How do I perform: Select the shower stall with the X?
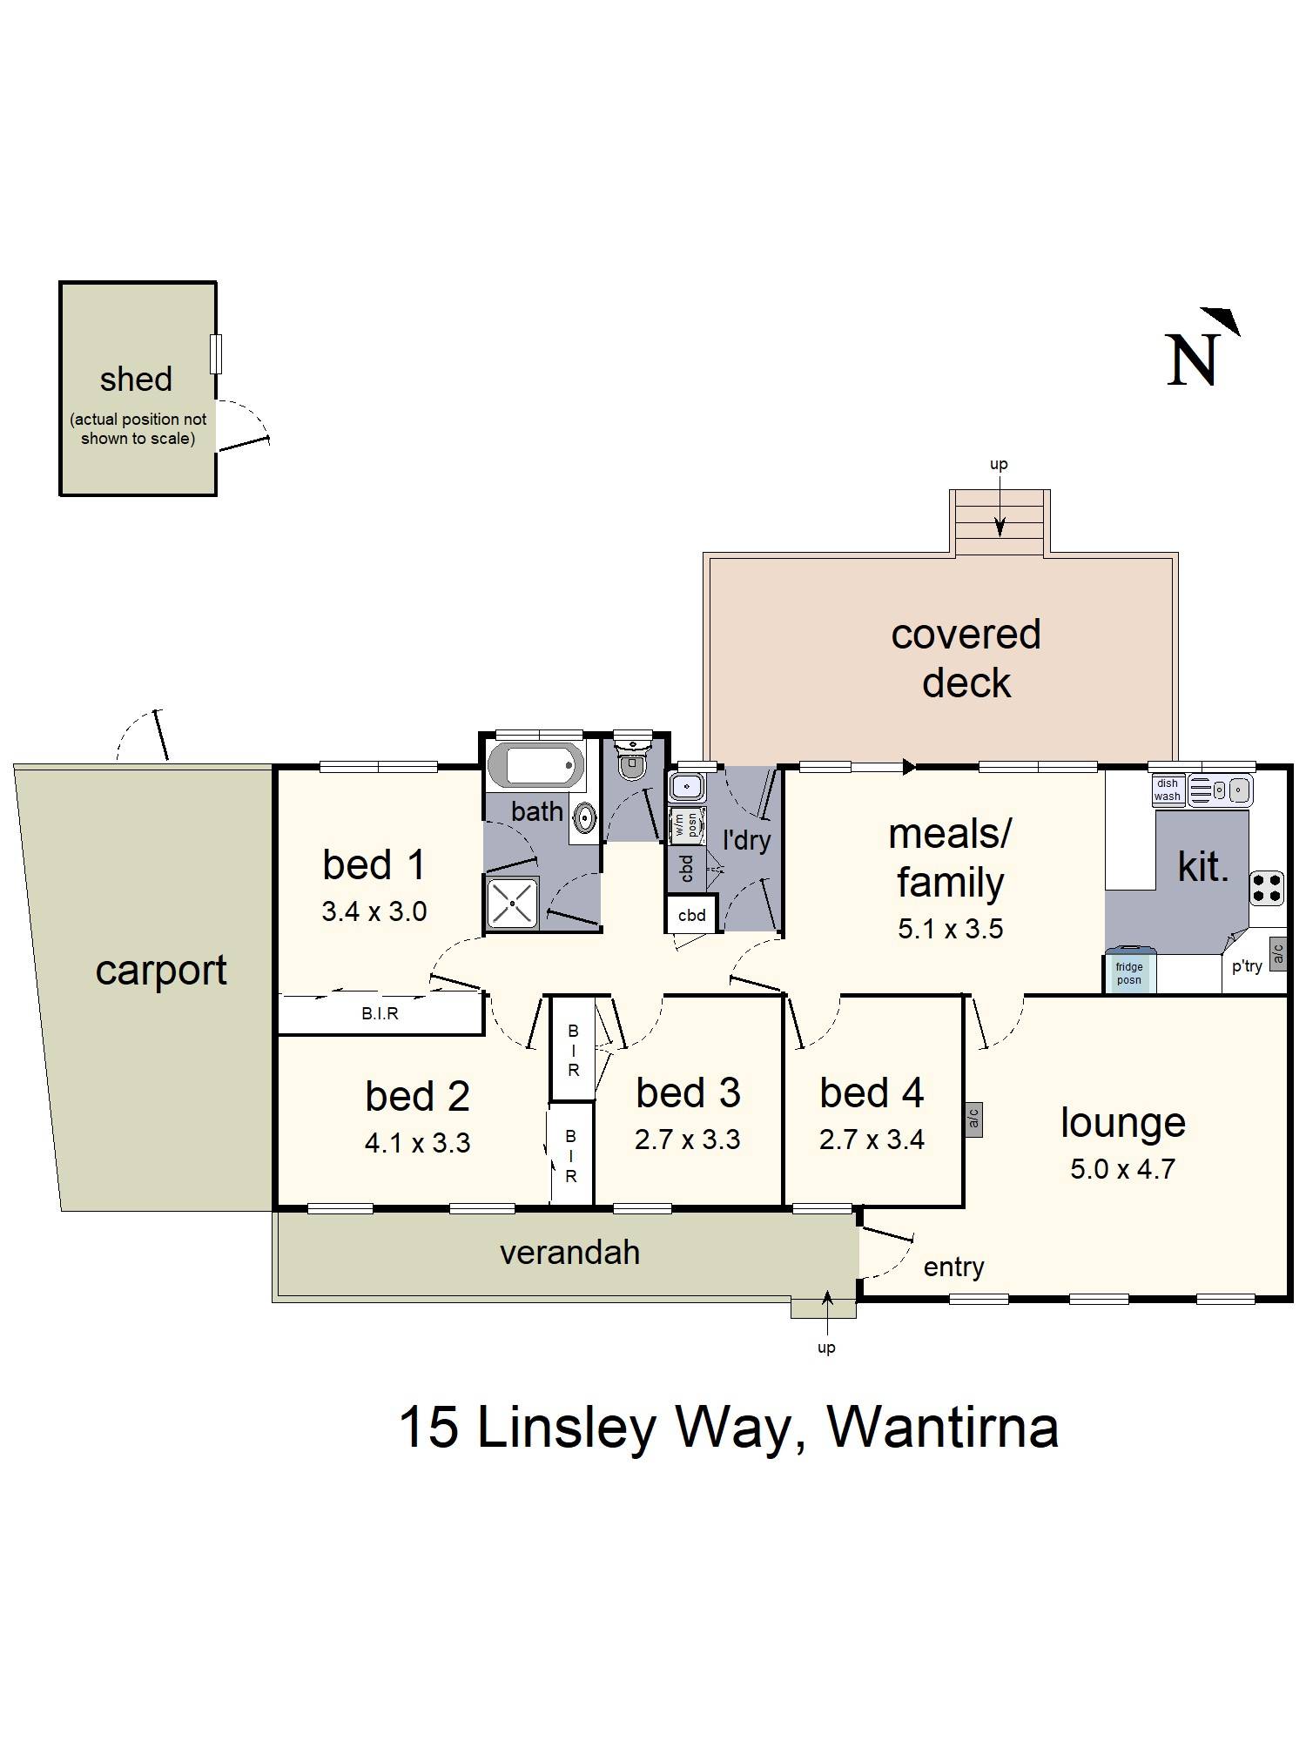click(x=513, y=903)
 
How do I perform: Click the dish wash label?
click(x=1167, y=790)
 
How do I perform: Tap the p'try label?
click(x=1246, y=965)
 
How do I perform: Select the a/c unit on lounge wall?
click(x=973, y=1118)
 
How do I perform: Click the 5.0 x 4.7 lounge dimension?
click(x=1122, y=1169)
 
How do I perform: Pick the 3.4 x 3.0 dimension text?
click(x=374, y=911)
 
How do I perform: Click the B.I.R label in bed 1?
click(x=380, y=1014)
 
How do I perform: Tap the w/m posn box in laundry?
click(x=687, y=824)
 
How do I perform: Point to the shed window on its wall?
click(x=216, y=353)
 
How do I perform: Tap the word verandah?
click(x=569, y=1253)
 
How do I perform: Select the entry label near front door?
click(x=953, y=1267)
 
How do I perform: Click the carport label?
click(x=161, y=970)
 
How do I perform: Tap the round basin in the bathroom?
click(x=584, y=817)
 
